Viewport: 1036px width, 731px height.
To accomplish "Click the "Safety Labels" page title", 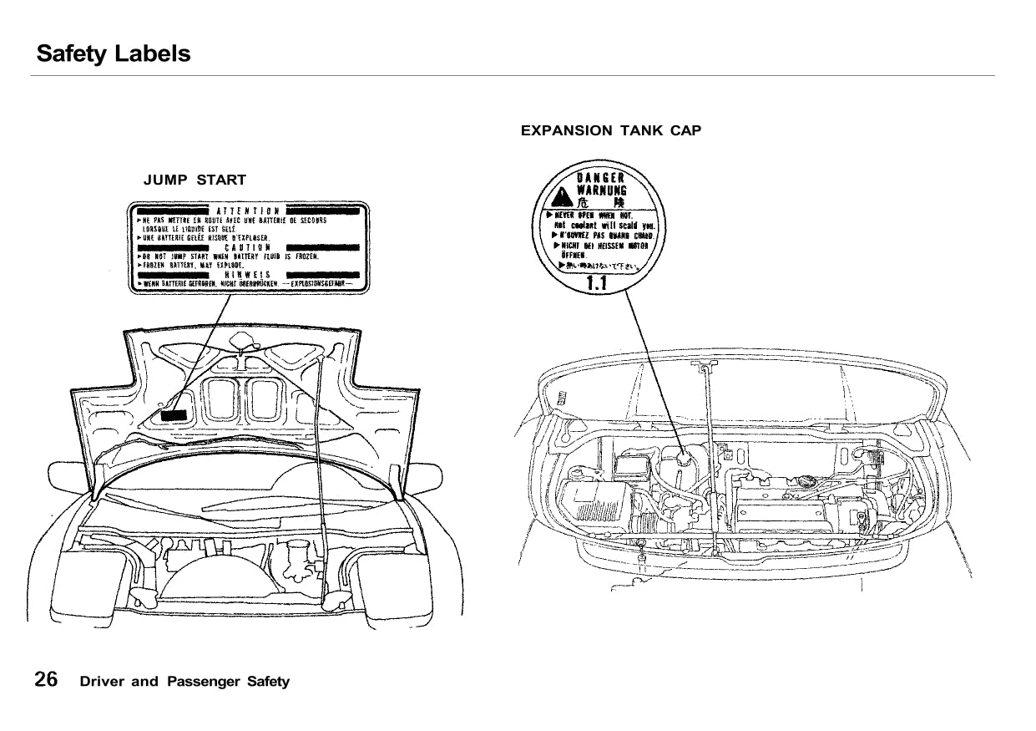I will [114, 54].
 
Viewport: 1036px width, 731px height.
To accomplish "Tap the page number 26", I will [46, 679].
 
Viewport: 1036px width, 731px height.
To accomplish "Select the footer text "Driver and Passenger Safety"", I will [184, 681].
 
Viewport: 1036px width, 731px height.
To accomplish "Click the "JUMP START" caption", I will [195, 180].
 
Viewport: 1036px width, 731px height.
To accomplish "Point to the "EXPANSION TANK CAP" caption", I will [611, 130].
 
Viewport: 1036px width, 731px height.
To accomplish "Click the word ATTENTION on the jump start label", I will [247, 210].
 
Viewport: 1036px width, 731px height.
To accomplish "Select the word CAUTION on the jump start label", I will [247, 247].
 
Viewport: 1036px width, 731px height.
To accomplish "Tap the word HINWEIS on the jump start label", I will [247, 274].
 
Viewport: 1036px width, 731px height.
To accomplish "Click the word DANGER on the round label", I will [600, 177].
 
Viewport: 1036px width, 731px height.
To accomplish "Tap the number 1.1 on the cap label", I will [596, 284].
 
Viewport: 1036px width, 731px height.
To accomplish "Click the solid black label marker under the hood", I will [174, 414].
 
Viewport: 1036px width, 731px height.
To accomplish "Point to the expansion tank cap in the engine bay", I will [685, 458].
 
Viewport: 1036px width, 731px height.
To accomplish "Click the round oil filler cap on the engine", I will [807, 483].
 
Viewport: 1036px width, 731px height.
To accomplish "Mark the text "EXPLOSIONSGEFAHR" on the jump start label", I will [317, 283].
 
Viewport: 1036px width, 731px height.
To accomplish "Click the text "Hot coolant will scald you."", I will [604, 226].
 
